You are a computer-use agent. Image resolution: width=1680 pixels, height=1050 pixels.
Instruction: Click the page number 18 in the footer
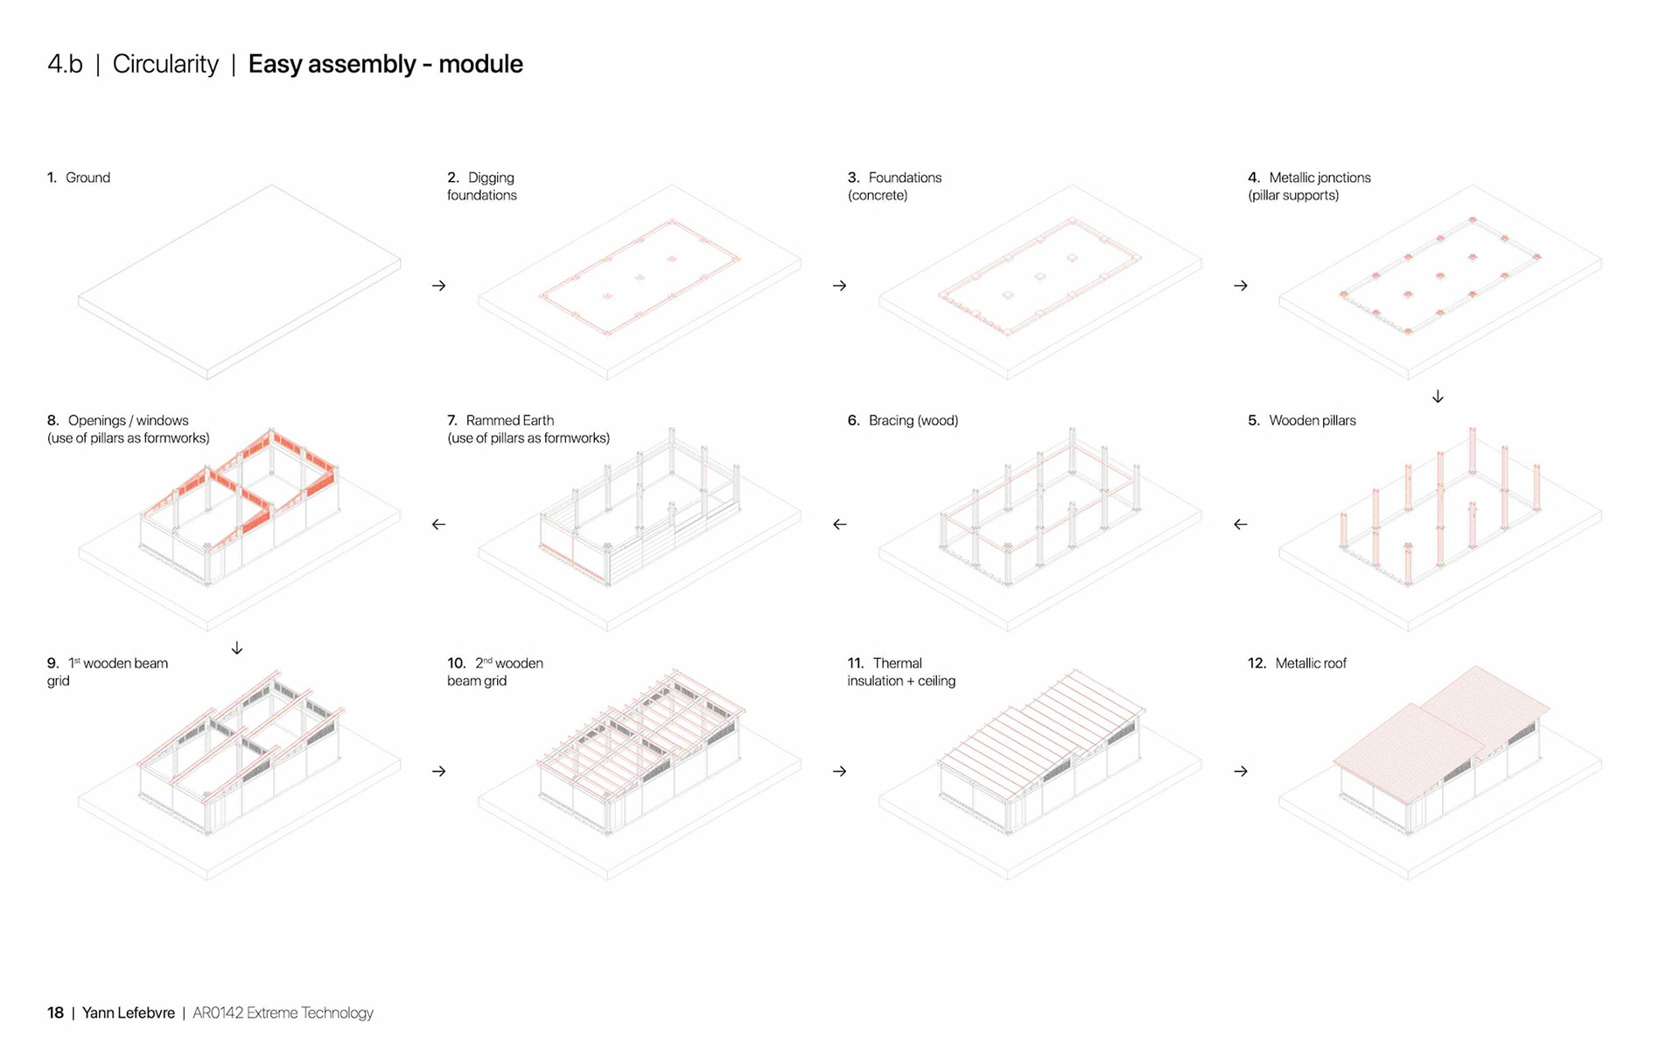(55, 1012)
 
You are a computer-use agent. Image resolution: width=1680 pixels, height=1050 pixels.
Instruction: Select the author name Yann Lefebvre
(129, 1012)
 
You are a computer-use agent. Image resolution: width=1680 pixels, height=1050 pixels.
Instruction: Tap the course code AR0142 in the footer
(217, 1012)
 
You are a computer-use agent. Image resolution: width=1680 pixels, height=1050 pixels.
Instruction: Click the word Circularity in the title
(165, 64)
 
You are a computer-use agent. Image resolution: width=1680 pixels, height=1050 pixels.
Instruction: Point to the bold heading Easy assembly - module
(385, 64)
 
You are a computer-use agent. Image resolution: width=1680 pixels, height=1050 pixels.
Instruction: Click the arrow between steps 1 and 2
(438, 286)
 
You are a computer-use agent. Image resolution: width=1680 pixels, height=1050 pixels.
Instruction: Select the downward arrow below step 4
(1438, 396)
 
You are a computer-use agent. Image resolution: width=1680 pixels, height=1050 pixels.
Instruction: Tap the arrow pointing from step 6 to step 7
(840, 524)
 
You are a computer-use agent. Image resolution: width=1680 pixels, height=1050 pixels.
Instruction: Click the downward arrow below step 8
(237, 648)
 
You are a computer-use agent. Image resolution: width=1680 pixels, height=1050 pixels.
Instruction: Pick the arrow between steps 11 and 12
(1241, 771)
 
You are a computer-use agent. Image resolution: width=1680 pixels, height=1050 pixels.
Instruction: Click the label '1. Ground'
(79, 178)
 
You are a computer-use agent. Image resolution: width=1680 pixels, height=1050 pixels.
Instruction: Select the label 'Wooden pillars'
(1312, 421)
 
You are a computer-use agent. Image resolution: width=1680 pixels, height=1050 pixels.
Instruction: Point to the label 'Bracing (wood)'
(913, 421)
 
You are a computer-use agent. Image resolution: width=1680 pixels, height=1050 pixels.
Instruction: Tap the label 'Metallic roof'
(1310, 663)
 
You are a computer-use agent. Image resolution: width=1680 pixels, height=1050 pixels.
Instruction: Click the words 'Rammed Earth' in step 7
(509, 421)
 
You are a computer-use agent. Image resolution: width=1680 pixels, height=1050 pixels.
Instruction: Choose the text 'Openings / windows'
(128, 421)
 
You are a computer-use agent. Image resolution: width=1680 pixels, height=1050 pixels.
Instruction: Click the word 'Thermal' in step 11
(897, 663)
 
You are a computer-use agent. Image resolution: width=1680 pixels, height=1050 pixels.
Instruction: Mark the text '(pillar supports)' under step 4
(1293, 195)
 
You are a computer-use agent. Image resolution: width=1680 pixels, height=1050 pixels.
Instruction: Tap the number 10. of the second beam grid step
(456, 663)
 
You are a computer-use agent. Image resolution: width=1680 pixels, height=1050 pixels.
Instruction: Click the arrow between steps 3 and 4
(1241, 286)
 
